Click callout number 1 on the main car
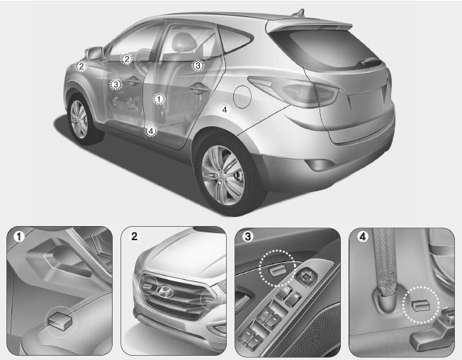159,99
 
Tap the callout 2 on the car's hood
81,67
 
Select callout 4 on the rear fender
225,110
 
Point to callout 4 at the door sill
151,131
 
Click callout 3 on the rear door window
198,66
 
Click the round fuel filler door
242,96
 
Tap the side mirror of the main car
95,53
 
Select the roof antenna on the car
298,13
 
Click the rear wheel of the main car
225,175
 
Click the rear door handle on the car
198,87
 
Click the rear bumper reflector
320,164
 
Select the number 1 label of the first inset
19,237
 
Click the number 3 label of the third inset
247,237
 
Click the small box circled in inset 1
60,321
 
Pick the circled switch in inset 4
422,306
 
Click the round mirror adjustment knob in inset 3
306,276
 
